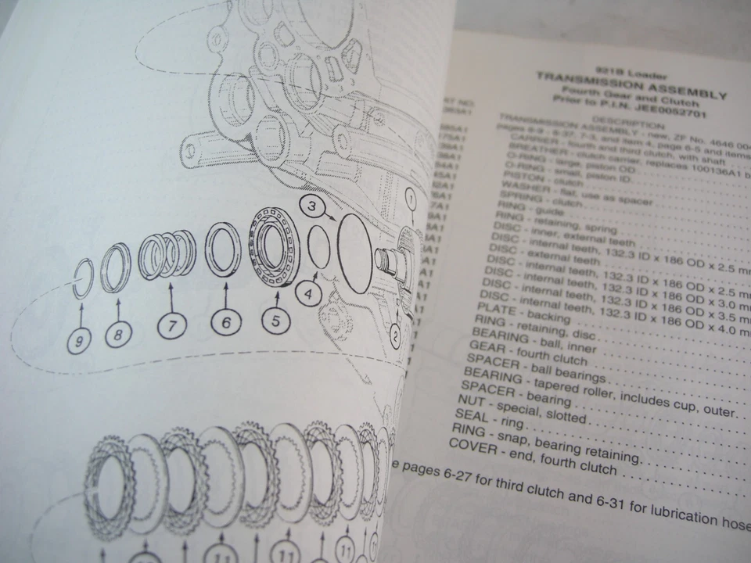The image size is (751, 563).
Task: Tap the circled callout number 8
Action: (117, 335)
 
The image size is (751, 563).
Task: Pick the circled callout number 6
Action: (225, 321)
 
